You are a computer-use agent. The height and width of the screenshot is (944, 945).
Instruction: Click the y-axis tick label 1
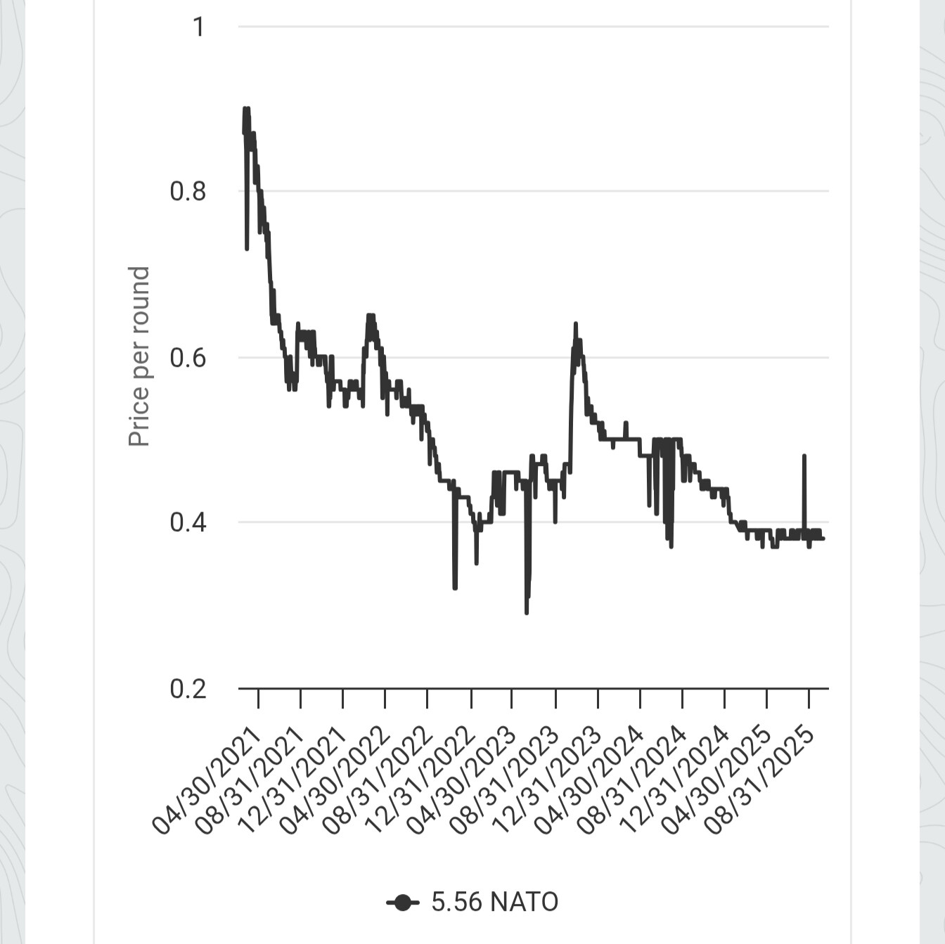[x=198, y=27]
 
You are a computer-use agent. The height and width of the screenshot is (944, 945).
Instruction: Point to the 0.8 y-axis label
[x=188, y=191]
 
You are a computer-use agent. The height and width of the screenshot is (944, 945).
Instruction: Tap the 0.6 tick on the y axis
[x=188, y=358]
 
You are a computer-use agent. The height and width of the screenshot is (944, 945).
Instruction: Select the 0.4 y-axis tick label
[x=188, y=522]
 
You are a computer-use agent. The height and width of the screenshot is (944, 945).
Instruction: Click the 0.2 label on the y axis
[x=188, y=689]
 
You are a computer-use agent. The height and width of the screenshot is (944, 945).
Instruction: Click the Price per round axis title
[x=139, y=356]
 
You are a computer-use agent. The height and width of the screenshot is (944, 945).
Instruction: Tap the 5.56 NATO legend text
[x=494, y=902]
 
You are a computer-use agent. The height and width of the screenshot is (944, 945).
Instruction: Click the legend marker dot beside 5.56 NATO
[x=402, y=903]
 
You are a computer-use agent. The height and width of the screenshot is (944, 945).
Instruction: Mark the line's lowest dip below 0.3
[x=527, y=612]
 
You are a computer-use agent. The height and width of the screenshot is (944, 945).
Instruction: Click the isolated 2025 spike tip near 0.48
[x=804, y=456]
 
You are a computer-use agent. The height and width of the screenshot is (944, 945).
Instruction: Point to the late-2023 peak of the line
[x=576, y=324]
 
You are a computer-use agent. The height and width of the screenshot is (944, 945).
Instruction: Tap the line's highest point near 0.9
[x=246, y=109]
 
